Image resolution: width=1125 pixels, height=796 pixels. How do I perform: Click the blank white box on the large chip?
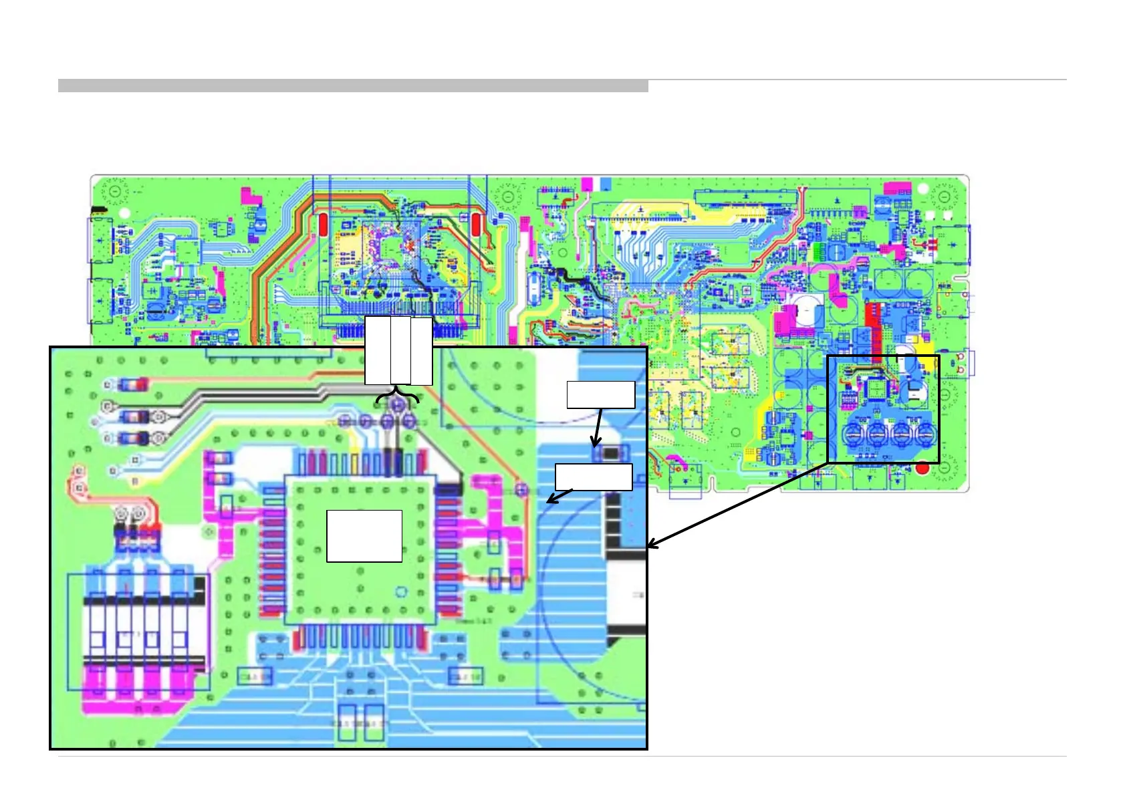(364, 535)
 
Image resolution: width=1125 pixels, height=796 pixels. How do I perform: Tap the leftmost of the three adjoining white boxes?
(378, 350)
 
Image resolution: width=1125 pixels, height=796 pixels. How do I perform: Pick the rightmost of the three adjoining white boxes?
(421, 350)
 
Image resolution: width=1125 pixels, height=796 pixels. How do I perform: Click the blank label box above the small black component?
(600, 394)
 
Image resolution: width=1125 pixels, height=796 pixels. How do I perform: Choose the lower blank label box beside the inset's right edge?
(594, 477)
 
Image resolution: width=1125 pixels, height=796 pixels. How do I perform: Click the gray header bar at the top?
(353, 86)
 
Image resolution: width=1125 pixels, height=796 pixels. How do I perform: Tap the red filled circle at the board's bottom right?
(922, 469)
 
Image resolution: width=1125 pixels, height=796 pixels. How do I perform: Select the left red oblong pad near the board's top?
(322, 225)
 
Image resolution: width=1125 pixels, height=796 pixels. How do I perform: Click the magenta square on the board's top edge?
(587, 184)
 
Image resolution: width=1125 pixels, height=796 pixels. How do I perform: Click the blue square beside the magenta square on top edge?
(606, 184)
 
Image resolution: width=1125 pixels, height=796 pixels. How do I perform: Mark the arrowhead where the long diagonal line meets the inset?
(652, 545)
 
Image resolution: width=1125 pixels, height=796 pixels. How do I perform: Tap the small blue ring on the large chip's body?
(402, 591)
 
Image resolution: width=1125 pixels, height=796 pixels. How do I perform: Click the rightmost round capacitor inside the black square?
(925, 434)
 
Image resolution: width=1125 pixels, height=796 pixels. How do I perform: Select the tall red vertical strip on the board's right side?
(873, 327)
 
